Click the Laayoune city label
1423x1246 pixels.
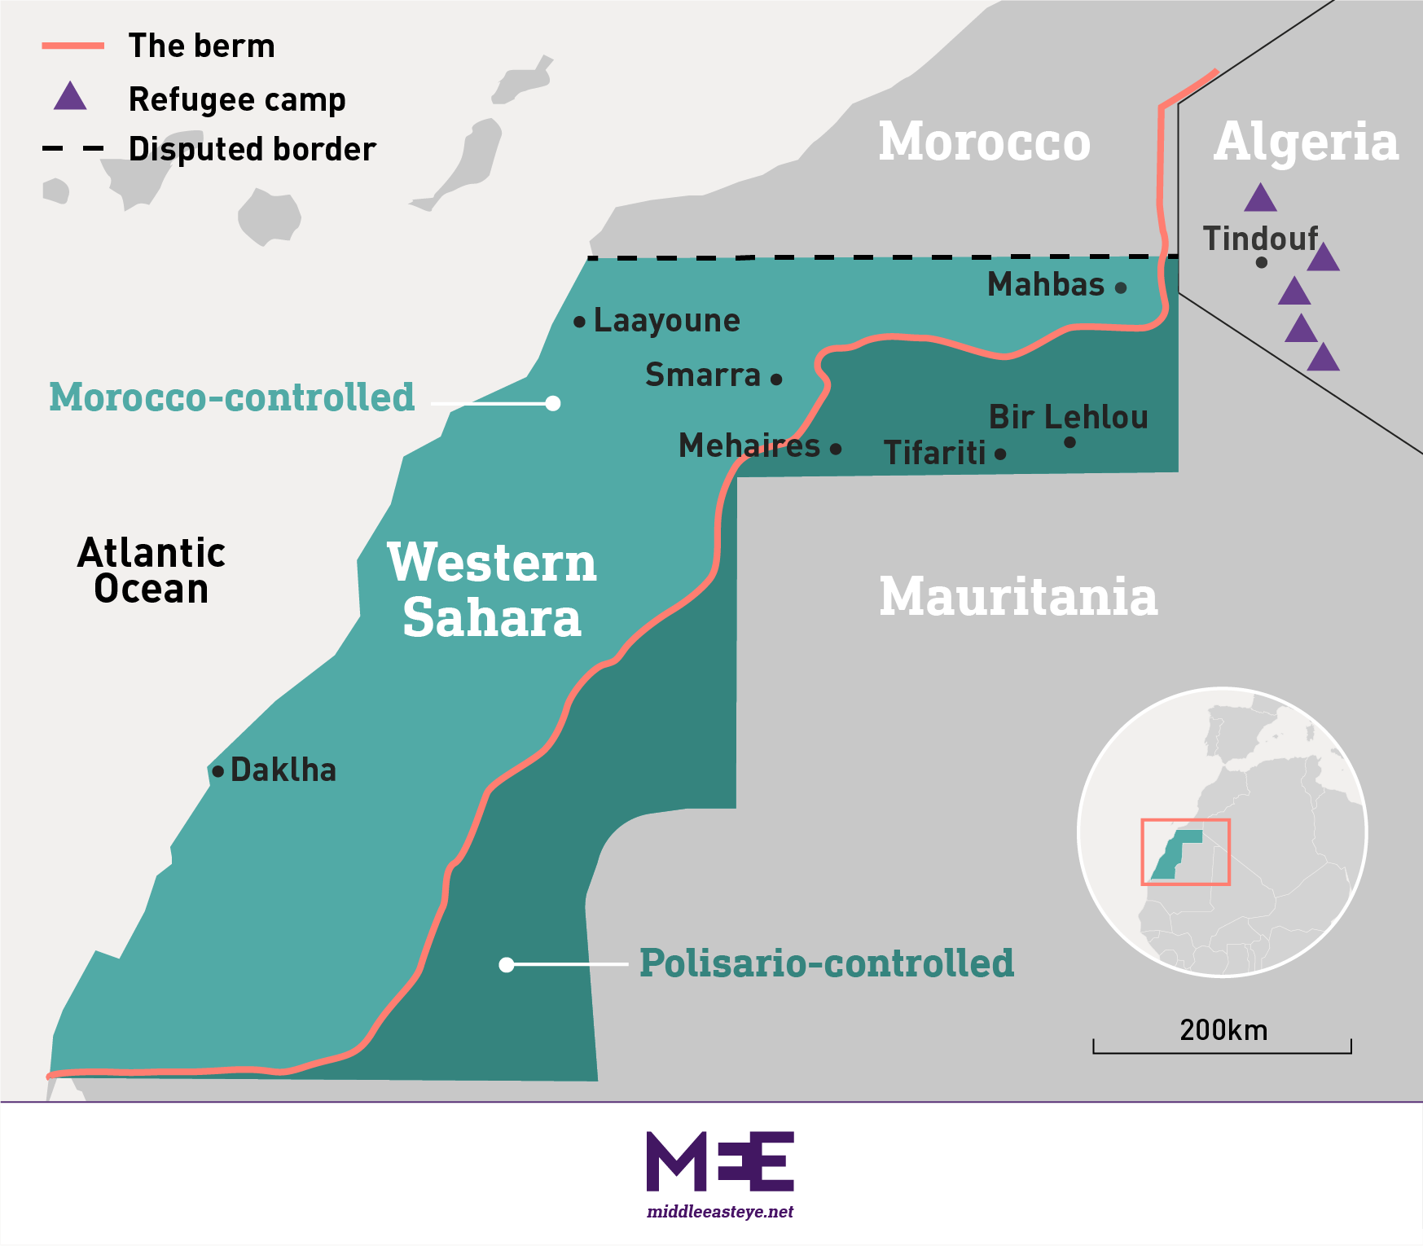point(666,320)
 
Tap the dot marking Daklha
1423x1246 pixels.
point(217,770)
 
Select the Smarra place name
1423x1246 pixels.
point(703,375)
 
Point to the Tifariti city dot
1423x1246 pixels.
point(1000,454)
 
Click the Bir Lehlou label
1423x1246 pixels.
point(1068,417)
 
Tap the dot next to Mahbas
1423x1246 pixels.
point(1121,287)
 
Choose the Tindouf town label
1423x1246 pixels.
point(1260,239)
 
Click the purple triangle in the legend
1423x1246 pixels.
point(70,97)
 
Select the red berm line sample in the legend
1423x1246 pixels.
point(73,46)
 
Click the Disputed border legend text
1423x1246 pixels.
point(252,149)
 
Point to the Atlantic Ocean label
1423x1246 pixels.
point(152,570)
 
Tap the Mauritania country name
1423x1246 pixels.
point(1018,596)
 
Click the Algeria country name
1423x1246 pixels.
point(1306,142)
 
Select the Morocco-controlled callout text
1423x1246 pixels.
point(232,397)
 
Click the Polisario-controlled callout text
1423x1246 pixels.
point(827,963)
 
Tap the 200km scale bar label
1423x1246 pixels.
point(1223,1030)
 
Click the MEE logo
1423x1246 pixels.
point(720,1160)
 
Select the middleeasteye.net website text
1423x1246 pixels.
point(720,1212)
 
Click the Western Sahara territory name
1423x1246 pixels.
point(492,590)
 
